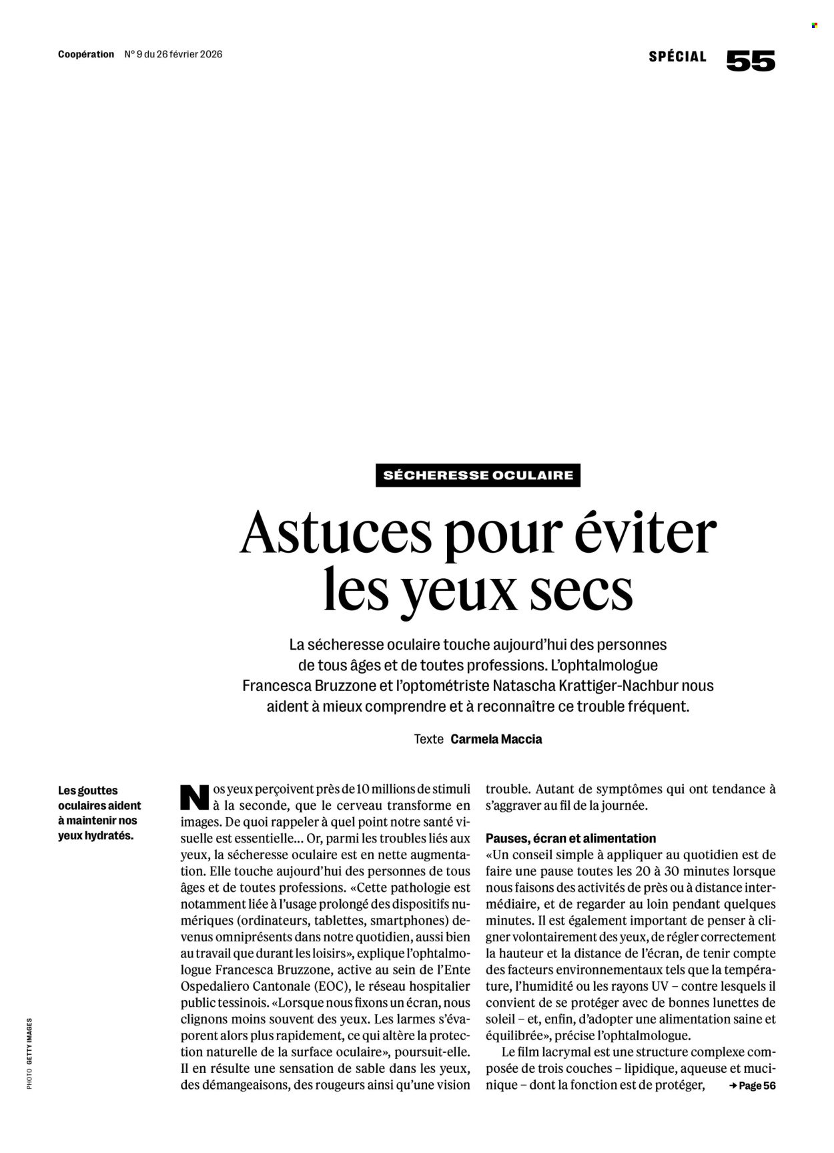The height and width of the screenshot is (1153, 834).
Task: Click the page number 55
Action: pos(751,61)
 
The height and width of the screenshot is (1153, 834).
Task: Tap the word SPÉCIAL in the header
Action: pos(677,57)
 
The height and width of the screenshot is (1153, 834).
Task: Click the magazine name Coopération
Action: pos(86,55)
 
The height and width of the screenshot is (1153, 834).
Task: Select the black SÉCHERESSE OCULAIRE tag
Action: pos(478,475)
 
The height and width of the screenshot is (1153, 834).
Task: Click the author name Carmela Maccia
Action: pos(496,739)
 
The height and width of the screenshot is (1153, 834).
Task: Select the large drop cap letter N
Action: pos(195,797)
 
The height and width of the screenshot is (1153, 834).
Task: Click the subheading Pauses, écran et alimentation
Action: pos(571,839)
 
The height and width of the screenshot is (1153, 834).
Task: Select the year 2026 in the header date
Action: pos(210,55)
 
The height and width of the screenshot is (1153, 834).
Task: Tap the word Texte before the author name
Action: pos(428,739)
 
